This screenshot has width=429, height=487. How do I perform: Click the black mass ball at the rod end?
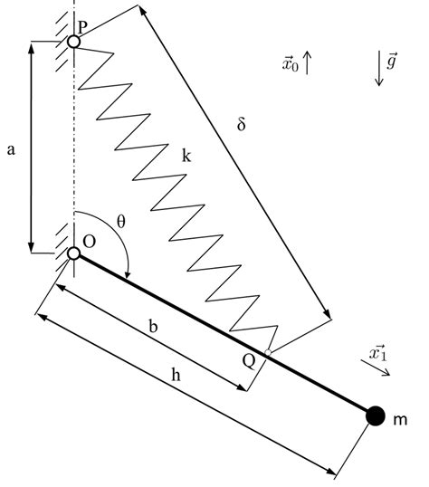pyautogui.click(x=375, y=415)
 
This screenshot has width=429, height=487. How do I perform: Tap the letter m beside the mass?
pyautogui.click(x=399, y=418)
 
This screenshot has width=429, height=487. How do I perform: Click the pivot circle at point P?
pyautogui.click(x=73, y=41)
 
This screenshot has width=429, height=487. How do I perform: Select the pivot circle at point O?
pyautogui.click(x=73, y=254)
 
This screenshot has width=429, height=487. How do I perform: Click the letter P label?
pyautogui.click(x=82, y=28)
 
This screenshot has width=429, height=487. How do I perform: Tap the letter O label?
pyautogui.click(x=89, y=240)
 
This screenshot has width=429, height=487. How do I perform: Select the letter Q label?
pyautogui.click(x=248, y=359)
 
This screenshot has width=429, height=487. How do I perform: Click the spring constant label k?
pyautogui.click(x=186, y=157)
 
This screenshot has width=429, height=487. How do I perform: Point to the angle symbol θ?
pyautogui.click(x=121, y=221)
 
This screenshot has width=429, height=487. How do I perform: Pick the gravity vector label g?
pyautogui.click(x=392, y=62)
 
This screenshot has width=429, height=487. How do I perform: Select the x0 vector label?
pyautogui.click(x=290, y=64)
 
